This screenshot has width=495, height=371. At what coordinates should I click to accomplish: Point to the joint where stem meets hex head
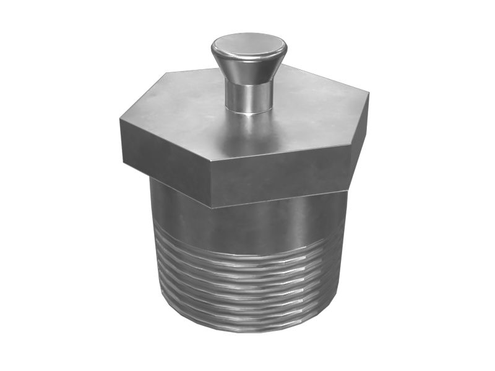[248, 112]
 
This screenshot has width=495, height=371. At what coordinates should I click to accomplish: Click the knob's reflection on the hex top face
[247, 127]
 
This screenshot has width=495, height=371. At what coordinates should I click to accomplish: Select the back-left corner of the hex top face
[166, 73]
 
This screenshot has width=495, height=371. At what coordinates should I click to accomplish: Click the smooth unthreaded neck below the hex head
[247, 223]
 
